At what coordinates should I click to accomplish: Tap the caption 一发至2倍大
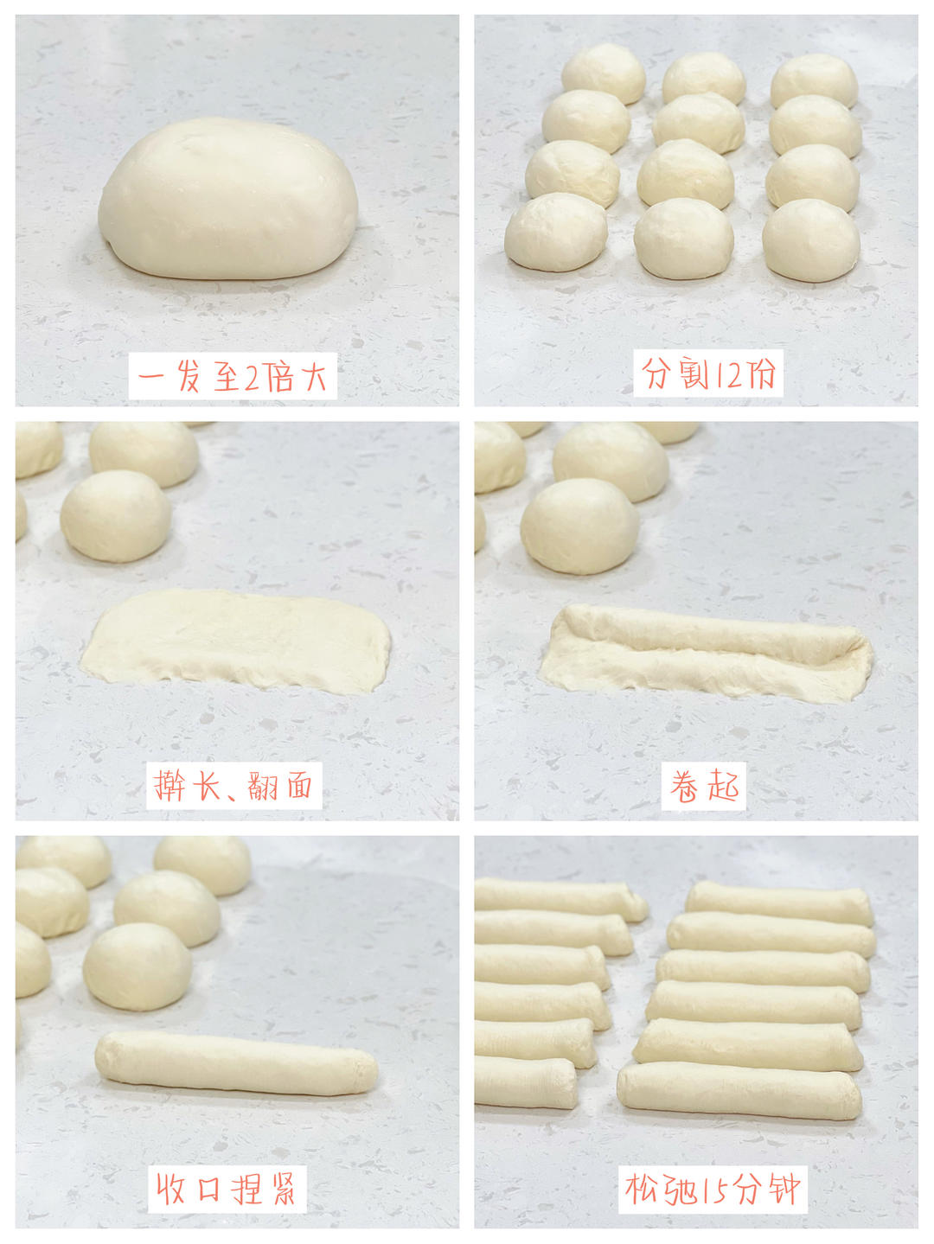click(x=232, y=377)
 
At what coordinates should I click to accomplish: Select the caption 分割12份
click(x=708, y=373)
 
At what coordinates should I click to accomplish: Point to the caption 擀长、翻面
click(x=233, y=786)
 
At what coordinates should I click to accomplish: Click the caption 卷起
click(x=704, y=786)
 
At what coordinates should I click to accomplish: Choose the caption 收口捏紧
click(x=227, y=1189)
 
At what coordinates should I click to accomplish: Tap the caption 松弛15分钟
click(x=713, y=1189)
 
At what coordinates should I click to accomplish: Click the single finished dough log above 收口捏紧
click(x=235, y=1063)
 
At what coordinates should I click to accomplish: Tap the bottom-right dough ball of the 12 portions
click(x=810, y=240)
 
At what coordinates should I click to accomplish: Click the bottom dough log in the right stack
click(x=739, y=1091)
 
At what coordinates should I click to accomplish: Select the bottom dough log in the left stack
click(x=524, y=1082)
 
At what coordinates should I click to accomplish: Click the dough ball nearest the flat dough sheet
click(x=115, y=516)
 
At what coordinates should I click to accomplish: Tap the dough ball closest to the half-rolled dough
click(x=579, y=526)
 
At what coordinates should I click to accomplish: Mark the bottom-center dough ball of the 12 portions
click(x=683, y=239)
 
